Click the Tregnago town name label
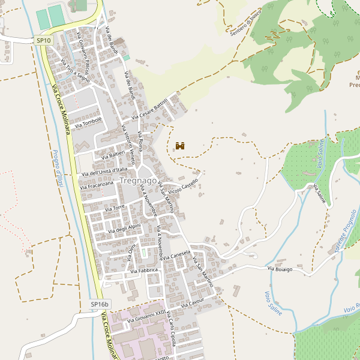coord(138,181)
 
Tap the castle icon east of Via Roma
coord(180,146)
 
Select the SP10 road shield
coord(44,40)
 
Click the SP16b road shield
coord(101,305)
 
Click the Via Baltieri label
coord(112,155)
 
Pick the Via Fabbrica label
coord(144,271)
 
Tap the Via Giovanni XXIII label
coord(146,317)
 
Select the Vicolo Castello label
coord(183,187)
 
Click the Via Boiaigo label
coord(280,269)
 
